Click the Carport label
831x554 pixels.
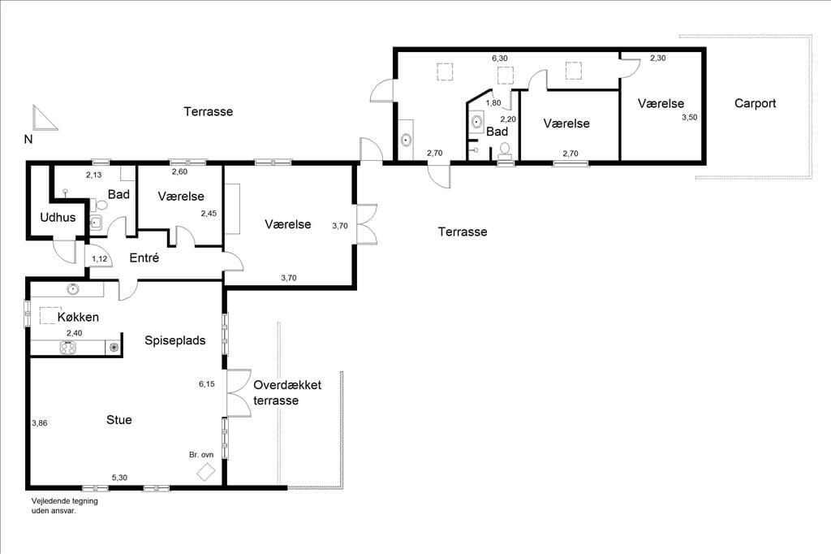pos(755,103)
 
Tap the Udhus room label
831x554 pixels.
pos(58,217)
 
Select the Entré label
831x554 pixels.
pos(144,258)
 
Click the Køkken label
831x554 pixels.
pos(78,317)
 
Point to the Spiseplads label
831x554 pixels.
pos(175,340)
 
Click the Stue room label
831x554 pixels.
pos(118,420)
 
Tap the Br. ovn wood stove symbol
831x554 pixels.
pos(205,472)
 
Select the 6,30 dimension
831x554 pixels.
pos(500,58)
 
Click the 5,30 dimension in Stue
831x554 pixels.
pos(119,478)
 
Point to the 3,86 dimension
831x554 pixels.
pos(39,423)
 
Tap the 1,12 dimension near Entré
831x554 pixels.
pos(100,259)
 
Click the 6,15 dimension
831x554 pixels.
pos(207,383)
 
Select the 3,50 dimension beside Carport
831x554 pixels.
pos(690,117)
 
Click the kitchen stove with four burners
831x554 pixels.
pos(68,348)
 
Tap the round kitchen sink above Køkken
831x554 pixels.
pos(72,289)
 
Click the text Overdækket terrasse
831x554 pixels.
pos(287,392)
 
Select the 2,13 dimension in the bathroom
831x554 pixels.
pos(94,175)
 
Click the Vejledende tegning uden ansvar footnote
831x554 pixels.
pos(65,506)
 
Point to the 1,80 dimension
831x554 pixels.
pos(493,103)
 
